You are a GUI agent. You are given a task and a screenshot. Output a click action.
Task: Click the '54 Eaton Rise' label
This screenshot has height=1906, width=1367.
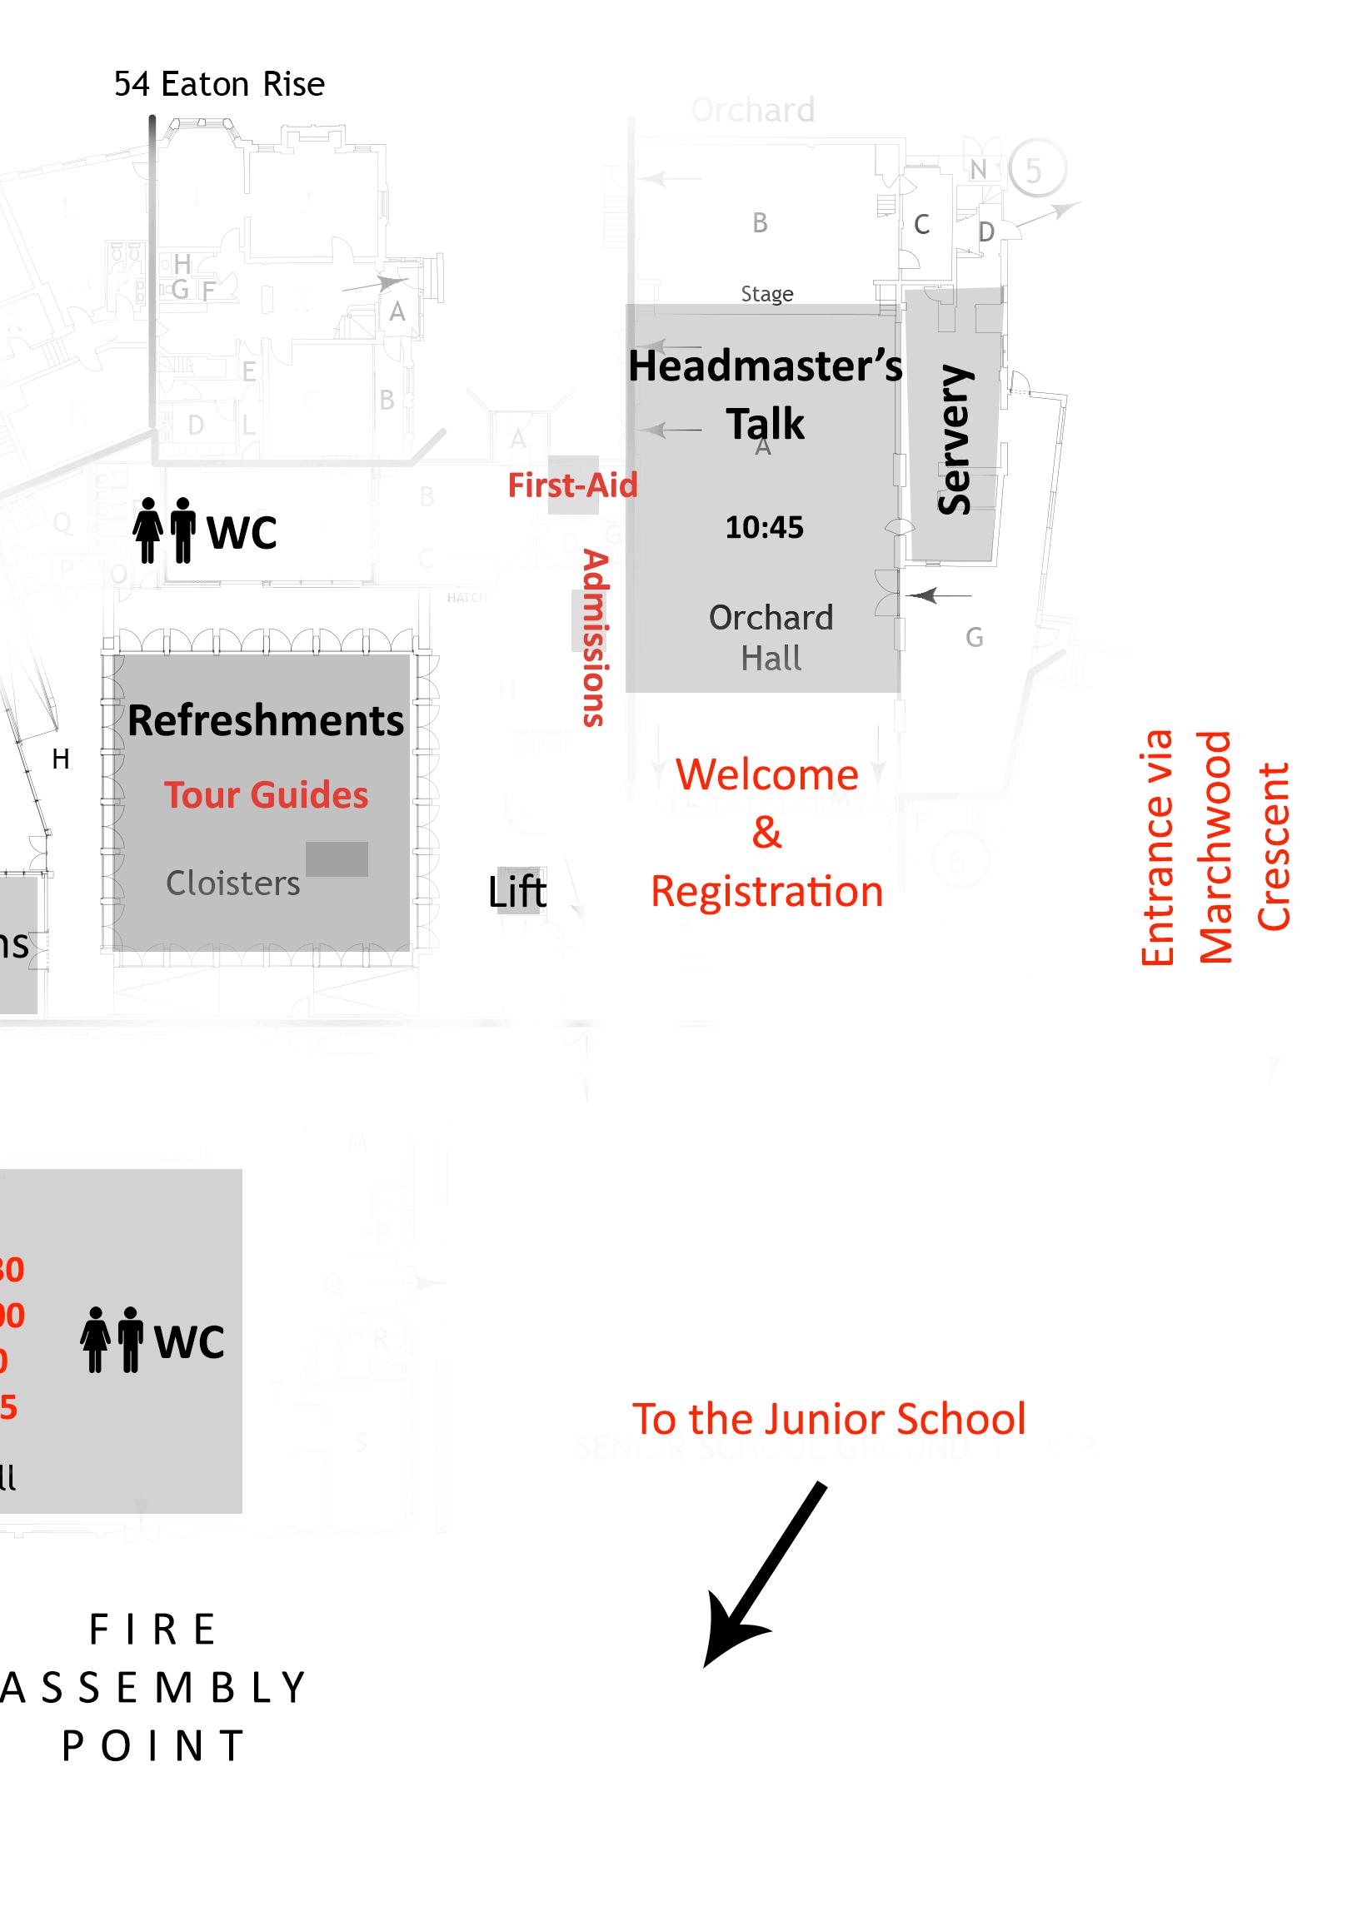(x=218, y=84)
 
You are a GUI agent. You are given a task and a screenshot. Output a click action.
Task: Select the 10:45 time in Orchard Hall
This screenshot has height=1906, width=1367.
(x=764, y=528)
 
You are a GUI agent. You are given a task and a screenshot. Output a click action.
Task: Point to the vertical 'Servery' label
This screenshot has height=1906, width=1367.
(x=954, y=439)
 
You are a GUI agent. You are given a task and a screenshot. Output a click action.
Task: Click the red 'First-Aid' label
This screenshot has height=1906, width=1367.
(x=572, y=485)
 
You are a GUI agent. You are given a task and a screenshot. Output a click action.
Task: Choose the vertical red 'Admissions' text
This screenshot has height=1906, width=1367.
(x=595, y=638)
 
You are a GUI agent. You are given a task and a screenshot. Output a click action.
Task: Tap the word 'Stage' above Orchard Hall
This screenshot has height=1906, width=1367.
(x=766, y=294)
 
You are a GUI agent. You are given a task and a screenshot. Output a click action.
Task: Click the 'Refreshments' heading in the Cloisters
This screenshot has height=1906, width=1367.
(x=266, y=720)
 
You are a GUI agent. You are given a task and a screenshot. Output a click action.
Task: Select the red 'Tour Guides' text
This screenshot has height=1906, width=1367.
(x=266, y=795)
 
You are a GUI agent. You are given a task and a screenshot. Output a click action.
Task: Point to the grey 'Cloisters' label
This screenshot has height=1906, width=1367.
(x=233, y=883)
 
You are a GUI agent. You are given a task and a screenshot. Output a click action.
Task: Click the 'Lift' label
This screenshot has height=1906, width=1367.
(x=517, y=892)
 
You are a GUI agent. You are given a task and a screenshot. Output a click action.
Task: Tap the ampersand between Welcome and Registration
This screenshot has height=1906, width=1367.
(x=766, y=832)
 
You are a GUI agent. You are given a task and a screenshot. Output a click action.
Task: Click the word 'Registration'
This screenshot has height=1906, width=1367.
(x=766, y=891)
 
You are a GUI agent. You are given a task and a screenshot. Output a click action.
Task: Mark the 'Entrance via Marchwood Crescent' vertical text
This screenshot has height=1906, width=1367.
(x=1214, y=847)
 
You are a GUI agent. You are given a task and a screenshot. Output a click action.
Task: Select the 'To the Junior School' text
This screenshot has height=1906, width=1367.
(x=829, y=1419)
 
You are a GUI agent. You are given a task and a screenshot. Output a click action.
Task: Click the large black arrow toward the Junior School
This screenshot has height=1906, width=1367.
(x=763, y=1575)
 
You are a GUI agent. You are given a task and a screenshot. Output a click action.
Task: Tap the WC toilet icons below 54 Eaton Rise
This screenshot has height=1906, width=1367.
(x=165, y=530)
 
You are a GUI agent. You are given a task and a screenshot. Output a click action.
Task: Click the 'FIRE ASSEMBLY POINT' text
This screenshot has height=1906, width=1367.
(x=154, y=1688)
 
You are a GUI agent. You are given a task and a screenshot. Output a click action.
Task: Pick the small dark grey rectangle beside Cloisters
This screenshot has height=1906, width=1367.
(x=337, y=858)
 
